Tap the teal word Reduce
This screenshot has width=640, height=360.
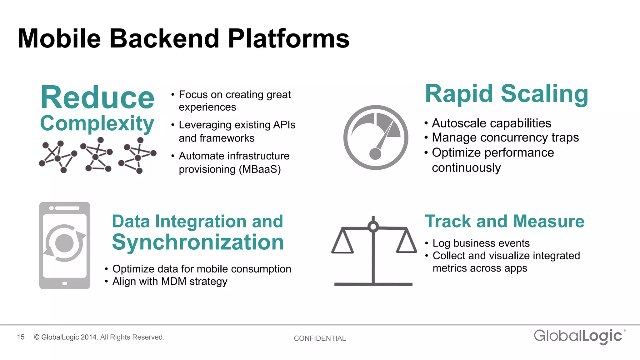[x=97, y=98]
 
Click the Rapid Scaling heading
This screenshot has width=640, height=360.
[x=506, y=94]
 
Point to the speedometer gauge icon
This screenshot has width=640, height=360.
[x=376, y=137]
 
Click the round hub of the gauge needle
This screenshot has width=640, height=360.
[x=375, y=154]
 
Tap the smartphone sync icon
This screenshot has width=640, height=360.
[x=65, y=245]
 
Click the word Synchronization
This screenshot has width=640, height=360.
[x=198, y=242]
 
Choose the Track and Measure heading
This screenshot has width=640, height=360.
[x=504, y=221]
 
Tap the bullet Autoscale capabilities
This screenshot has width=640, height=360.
[x=491, y=123]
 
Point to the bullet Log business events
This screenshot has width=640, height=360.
[x=481, y=243]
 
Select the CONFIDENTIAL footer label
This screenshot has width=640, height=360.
[x=320, y=338]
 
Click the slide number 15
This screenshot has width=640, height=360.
[x=21, y=337]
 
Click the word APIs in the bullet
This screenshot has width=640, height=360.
[x=284, y=125]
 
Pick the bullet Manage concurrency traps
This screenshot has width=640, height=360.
[x=505, y=137]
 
